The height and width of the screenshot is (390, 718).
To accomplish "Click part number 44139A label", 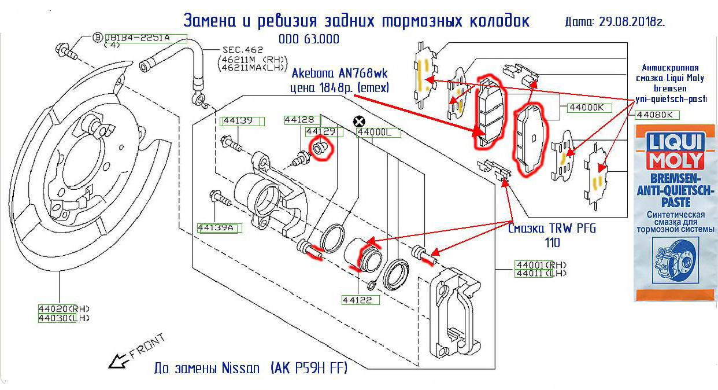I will coord(216,227).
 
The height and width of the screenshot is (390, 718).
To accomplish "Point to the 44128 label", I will coord(298,120).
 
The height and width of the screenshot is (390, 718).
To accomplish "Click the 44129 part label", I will coord(321,131).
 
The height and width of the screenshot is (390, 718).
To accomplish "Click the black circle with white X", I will coord(359,121).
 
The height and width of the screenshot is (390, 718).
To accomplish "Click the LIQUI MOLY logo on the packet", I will coord(675,152).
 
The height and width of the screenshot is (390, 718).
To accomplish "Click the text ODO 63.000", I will coord(309,39).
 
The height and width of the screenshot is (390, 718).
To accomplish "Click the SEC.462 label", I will coord(243,50).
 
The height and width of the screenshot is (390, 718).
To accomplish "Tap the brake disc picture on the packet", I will coord(675,263).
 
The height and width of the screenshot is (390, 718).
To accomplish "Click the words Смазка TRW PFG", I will coord(552,228).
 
